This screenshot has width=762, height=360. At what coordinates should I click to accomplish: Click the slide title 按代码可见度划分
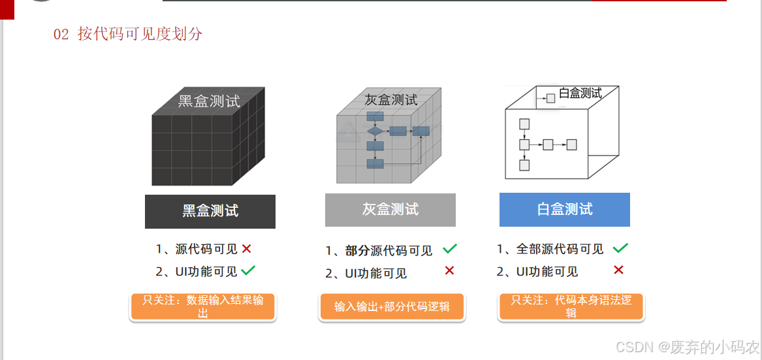click(x=140, y=34)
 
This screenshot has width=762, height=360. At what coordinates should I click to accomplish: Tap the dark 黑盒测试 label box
click(x=210, y=211)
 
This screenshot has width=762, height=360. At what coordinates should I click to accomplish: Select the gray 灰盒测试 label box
click(x=390, y=210)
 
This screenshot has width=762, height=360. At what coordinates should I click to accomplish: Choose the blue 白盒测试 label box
click(x=564, y=210)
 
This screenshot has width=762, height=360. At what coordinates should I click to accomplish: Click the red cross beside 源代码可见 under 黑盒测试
click(x=246, y=249)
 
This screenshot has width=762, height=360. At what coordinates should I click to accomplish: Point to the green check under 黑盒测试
click(x=248, y=270)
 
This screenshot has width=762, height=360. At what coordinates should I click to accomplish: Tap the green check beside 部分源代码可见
click(x=450, y=249)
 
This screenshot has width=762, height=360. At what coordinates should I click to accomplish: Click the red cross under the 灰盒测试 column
click(x=449, y=270)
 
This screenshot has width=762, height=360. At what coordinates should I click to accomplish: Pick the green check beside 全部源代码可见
click(x=620, y=248)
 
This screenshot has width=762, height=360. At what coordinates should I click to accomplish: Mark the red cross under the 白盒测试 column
click(x=618, y=270)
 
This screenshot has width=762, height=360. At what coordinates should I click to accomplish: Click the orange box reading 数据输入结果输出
click(x=203, y=306)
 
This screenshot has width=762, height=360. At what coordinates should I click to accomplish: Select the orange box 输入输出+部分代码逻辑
click(x=392, y=306)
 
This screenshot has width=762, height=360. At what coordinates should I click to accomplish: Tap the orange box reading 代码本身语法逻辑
click(x=571, y=306)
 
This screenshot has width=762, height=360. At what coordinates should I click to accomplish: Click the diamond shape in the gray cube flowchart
click(x=375, y=131)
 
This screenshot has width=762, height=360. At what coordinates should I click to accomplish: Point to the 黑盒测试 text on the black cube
click(x=209, y=101)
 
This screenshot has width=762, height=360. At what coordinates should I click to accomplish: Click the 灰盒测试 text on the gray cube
click(x=390, y=100)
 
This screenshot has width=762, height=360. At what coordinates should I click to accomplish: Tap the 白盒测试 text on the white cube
click(x=580, y=93)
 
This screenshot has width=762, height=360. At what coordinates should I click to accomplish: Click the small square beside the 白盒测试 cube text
click(x=550, y=99)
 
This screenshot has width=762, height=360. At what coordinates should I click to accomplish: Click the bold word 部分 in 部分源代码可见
click(x=357, y=250)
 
